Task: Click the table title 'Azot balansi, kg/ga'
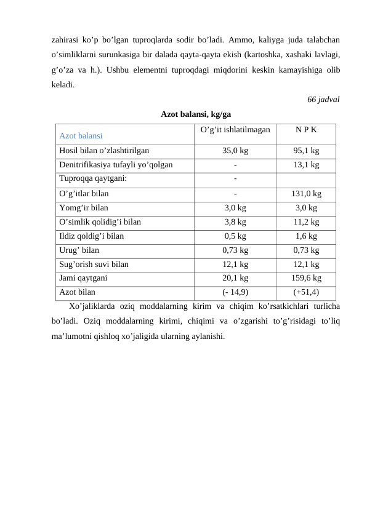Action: [196, 114]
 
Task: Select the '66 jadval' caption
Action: [323, 100]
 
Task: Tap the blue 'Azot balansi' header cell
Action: [81, 135]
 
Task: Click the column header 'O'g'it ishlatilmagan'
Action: [235, 130]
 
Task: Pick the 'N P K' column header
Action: [306, 130]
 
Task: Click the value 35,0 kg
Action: [235, 149]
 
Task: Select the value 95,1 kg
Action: [306, 149]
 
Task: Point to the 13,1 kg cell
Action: [306, 165]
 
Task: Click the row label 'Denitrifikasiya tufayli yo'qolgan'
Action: [116, 165]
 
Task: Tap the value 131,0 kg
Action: [306, 193]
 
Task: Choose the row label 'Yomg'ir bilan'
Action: [84, 208]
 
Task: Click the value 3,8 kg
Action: [235, 222]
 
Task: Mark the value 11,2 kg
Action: [306, 222]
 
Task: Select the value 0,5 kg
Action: [235, 236]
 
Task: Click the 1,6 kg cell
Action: [306, 236]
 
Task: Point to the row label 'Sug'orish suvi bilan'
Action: [94, 265]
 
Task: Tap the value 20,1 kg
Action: [235, 279]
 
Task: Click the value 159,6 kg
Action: [306, 279]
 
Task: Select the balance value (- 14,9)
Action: [235, 293]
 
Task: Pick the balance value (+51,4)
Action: [306, 293]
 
